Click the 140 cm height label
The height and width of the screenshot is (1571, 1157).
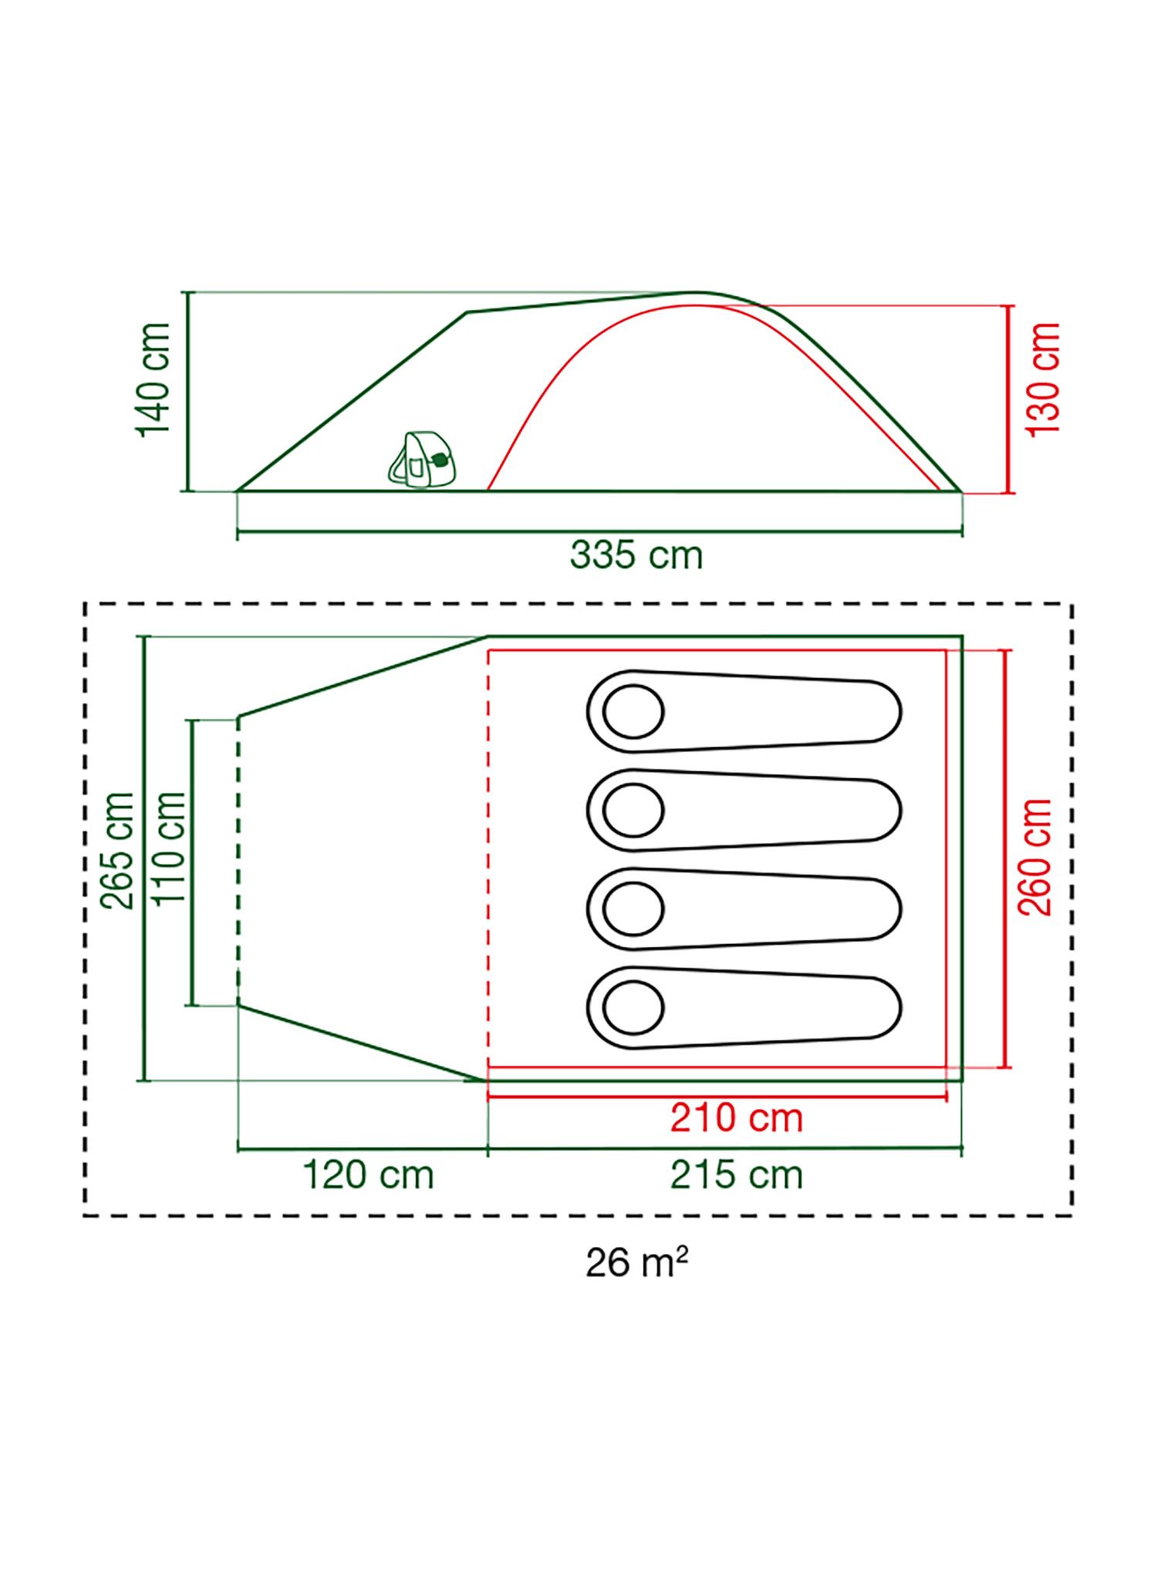click(153, 379)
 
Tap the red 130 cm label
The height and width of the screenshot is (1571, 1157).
click(1044, 378)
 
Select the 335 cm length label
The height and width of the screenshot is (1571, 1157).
click(636, 555)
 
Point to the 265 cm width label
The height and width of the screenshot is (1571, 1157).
click(120, 851)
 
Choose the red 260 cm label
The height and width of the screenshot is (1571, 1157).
click(1035, 857)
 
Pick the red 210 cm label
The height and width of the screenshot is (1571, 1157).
click(737, 1118)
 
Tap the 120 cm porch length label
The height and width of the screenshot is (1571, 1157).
click(368, 1175)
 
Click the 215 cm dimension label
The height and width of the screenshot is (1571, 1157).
click(737, 1175)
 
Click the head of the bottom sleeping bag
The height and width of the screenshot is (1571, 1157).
click(633, 1007)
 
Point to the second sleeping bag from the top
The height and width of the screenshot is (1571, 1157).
click(744, 810)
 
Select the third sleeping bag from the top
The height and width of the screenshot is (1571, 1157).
click(744, 909)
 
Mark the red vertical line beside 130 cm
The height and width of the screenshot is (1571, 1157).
click(1009, 398)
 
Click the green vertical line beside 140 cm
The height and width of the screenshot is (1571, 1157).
click(187, 392)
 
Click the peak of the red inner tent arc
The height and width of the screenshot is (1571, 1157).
click(698, 305)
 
